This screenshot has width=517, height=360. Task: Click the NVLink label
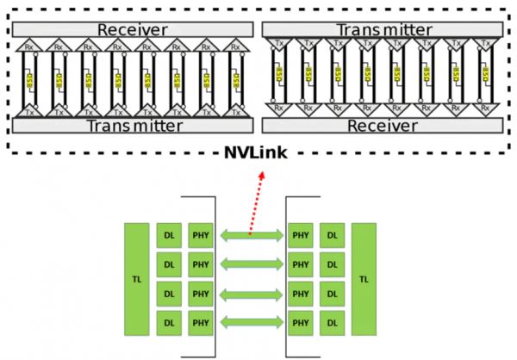258,152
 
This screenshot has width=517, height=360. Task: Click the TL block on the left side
137,279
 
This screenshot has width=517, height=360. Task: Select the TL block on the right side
364,279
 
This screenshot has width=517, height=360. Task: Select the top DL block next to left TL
169,234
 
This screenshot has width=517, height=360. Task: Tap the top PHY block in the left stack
201,234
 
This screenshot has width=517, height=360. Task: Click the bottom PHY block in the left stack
201,324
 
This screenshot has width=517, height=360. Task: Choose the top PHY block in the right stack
300,234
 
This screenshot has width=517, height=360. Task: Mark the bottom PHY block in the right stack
300,324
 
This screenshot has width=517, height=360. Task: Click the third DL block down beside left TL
169,295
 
